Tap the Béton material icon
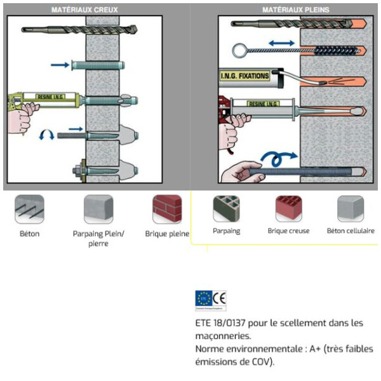pyautogui.click(x=29, y=209)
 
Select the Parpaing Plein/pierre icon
pyautogui.click(x=98, y=209)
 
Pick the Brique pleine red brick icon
pyautogui.click(x=167, y=209)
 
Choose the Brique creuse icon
pyautogui.click(x=288, y=208)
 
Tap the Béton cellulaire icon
pyautogui.click(x=351, y=208)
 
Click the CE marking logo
pyautogui.click(x=220, y=297)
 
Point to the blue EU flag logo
pyautogui.click(x=203, y=297)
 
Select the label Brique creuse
pyautogui.click(x=288, y=231)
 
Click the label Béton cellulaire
pyautogui.click(x=351, y=231)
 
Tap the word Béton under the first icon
pyautogui.click(x=29, y=234)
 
